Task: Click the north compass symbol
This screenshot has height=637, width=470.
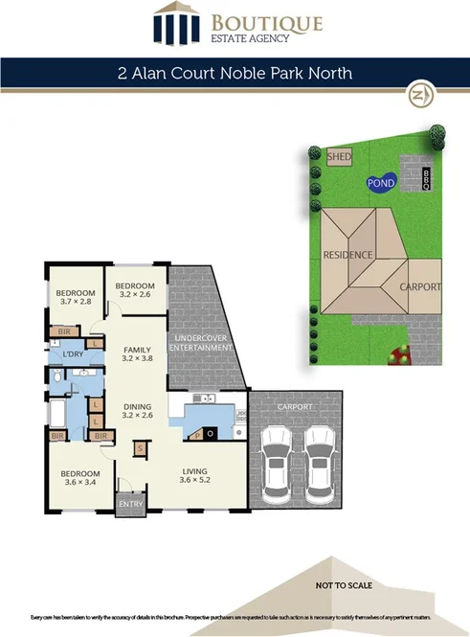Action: pos(418,96)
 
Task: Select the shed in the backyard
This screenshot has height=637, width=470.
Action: pos(339,156)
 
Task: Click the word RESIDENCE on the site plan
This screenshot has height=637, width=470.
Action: pos(347,256)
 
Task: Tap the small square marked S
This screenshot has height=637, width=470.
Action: pos(140,448)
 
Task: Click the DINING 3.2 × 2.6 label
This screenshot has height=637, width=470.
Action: pos(138,410)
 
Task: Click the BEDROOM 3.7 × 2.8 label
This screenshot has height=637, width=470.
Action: pos(75,297)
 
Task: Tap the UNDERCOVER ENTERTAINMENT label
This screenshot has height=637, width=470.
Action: pos(200,343)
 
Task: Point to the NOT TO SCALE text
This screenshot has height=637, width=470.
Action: pos(345,583)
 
